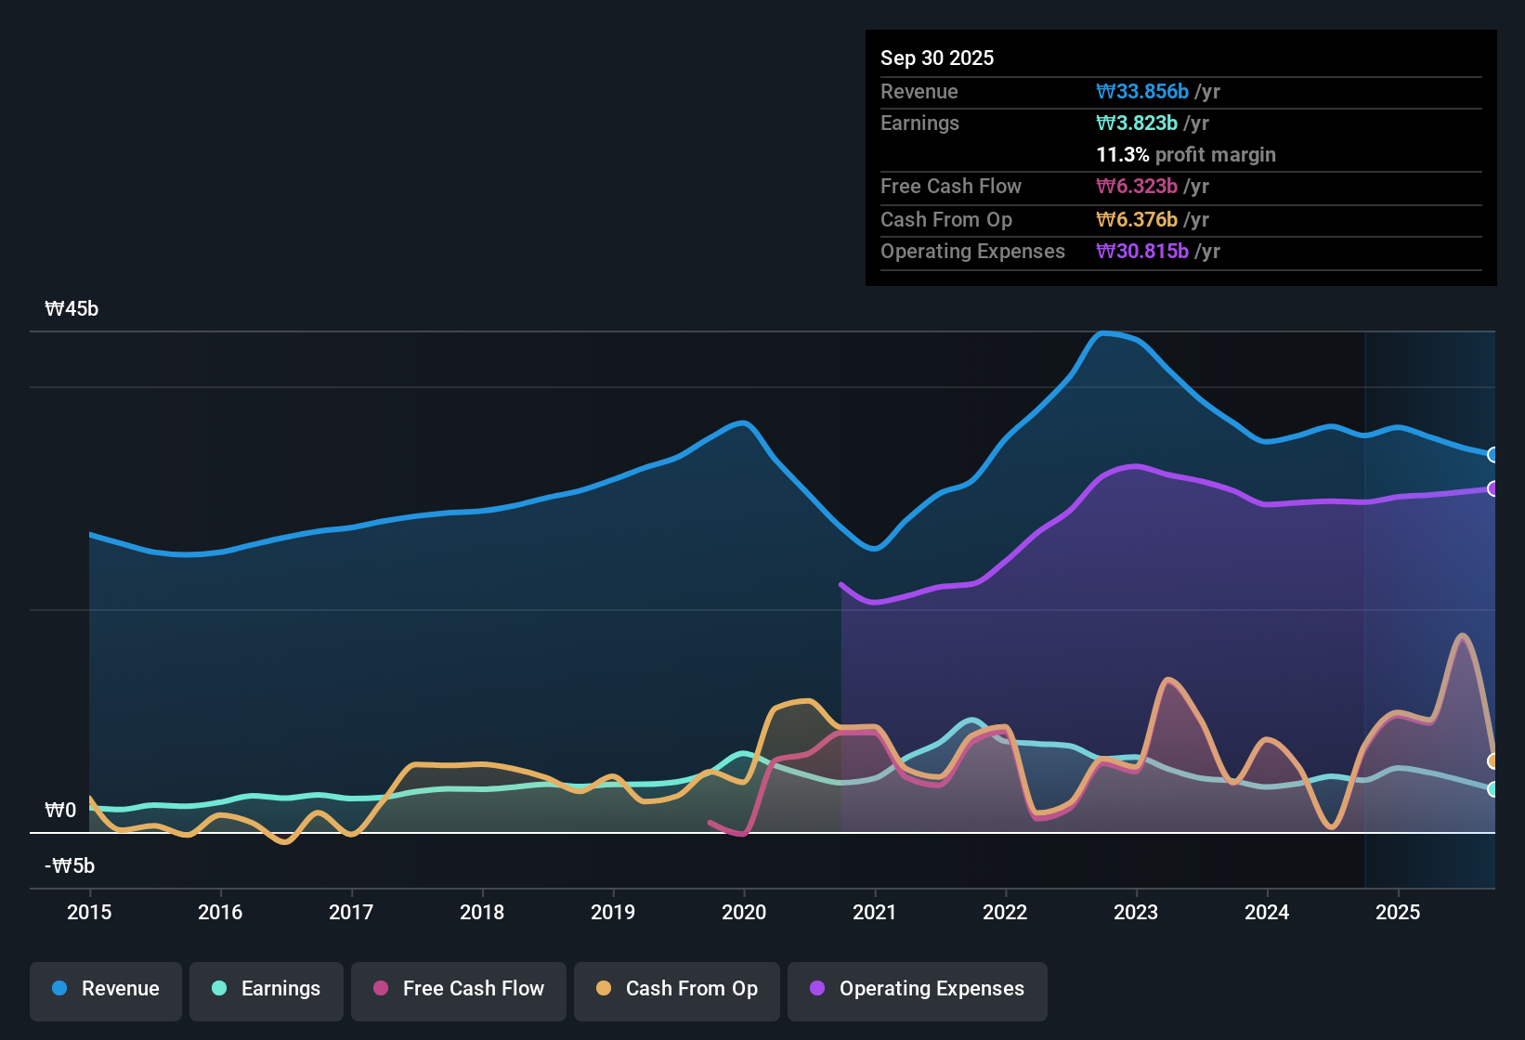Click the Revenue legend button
click(x=106, y=989)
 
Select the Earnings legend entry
click(x=267, y=989)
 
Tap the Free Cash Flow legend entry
click(x=459, y=989)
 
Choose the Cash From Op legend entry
click(x=677, y=989)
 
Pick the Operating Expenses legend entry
click(x=918, y=989)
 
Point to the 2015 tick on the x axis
click(x=89, y=912)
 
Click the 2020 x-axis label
click(x=744, y=912)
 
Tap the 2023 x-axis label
click(x=1136, y=912)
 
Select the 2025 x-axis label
click(x=1398, y=912)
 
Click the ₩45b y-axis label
click(x=72, y=309)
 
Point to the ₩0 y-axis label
click(x=60, y=811)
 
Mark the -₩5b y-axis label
click(x=70, y=866)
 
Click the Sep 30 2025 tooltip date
click(x=937, y=58)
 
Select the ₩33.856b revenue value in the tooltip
click(x=1142, y=91)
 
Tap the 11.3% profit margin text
click(x=1186, y=154)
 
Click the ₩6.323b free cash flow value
click(x=1137, y=186)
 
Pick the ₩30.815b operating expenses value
click(x=1142, y=251)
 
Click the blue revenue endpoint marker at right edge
click(x=1492, y=454)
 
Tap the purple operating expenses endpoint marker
click(x=1492, y=488)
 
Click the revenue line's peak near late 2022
click(x=1103, y=332)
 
